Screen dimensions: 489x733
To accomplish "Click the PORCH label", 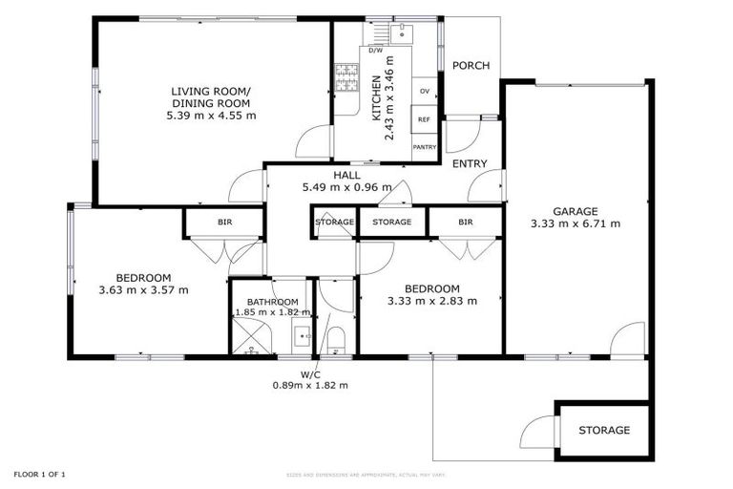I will click(x=471, y=66).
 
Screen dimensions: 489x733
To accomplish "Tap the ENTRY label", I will click(x=470, y=163).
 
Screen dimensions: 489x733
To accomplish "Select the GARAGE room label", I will click(x=575, y=211).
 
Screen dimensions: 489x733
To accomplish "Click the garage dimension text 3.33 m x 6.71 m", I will click(x=575, y=224).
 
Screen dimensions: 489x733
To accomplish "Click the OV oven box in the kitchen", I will click(x=423, y=92).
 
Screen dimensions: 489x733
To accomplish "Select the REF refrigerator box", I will click(x=423, y=120).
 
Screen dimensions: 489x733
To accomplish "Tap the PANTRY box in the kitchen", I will click(x=424, y=147).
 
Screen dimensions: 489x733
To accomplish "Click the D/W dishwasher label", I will click(x=375, y=50).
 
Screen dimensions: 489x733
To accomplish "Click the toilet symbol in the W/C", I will click(x=335, y=339).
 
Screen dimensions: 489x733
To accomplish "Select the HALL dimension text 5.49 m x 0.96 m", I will click(x=346, y=188).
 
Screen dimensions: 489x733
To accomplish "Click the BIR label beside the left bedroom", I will click(x=224, y=222).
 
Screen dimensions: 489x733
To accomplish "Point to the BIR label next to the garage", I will click(x=465, y=222).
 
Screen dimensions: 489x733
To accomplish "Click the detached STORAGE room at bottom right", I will click(x=604, y=430).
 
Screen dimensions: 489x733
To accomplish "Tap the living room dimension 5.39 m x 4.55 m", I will click(x=210, y=116).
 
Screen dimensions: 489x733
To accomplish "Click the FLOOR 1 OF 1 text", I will click(x=39, y=474).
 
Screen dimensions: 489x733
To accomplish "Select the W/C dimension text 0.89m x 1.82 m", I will click(x=311, y=386).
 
